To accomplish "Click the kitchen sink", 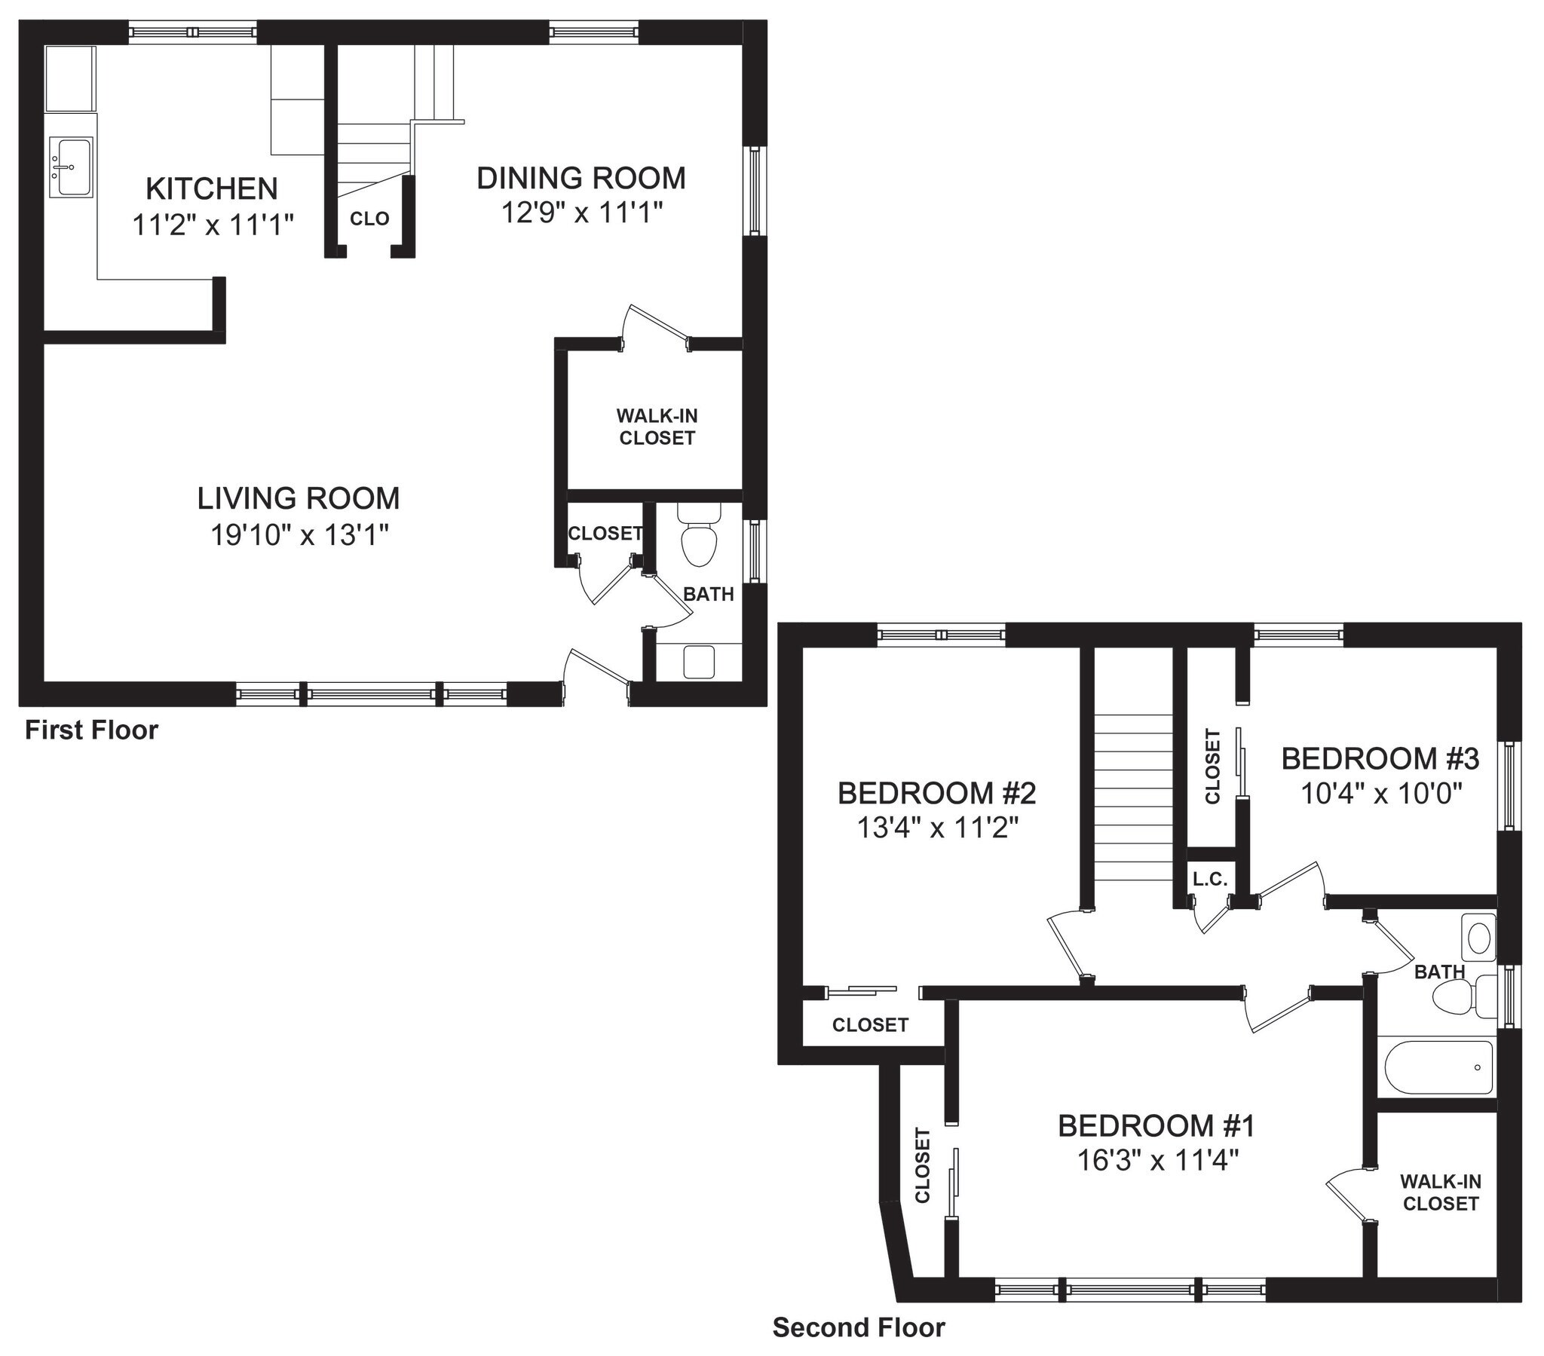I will pos(71,167).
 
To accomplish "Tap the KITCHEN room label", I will pos(212,188).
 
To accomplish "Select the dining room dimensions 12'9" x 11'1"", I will pos(582,213).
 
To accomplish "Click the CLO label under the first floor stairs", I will pos(369,219).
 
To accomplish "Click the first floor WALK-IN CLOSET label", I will pos(657,427).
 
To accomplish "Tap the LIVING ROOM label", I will pos(299,498).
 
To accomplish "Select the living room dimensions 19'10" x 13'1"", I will pos(299,536).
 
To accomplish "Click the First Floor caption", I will pos(91,730).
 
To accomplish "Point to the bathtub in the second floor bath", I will pos(1438,1067).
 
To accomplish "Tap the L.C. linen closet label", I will pos(1210,880).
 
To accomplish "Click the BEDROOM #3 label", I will pos(1380,758).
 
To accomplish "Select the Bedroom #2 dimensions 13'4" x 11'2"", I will pos(937,828).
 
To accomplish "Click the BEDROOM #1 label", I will pos(1156,1126).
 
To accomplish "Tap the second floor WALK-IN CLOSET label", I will pos(1441,1192).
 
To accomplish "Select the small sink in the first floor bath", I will pos(699,662).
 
